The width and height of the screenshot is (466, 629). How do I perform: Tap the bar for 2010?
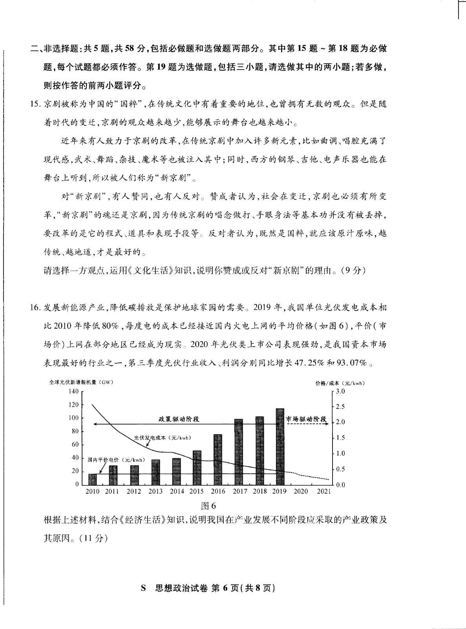(x=92, y=479)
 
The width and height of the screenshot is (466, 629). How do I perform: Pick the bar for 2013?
(x=155, y=472)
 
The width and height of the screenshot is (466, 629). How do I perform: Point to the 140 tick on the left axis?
(x=74, y=391)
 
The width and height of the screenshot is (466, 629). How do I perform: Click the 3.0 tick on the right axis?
(x=340, y=391)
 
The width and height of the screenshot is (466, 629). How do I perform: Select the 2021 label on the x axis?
(x=324, y=491)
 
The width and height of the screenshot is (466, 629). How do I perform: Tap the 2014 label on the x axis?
(x=177, y=491)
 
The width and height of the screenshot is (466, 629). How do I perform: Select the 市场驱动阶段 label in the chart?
(x=307, y=419)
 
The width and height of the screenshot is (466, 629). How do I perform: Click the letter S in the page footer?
(x=143, y=589)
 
